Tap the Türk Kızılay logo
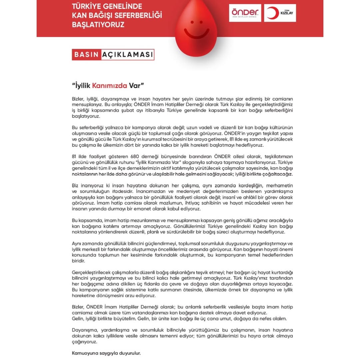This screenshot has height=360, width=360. [280, 13]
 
